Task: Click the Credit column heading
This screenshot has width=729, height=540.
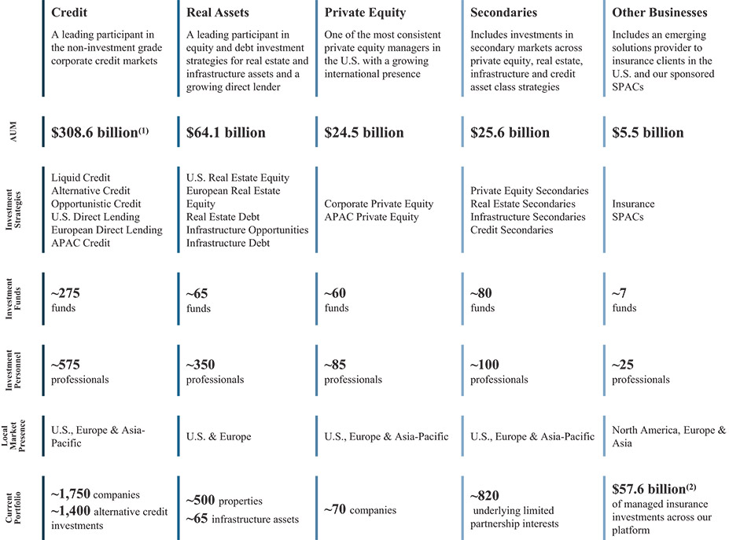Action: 70,13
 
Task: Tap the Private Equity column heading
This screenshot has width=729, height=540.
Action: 365,13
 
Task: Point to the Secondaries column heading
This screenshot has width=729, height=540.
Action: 504,13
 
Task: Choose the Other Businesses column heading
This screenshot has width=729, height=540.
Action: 659,13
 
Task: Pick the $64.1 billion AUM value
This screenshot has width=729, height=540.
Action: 226,133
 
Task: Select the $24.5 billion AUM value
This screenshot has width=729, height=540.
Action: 363,133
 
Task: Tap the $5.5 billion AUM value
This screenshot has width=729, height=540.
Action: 648,133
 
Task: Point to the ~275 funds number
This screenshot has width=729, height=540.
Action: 65,294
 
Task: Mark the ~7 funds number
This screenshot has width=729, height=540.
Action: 620,294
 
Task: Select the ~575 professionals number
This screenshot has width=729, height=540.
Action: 65,365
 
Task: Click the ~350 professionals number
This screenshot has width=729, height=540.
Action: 201,365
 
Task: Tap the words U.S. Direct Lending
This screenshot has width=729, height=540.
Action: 95,217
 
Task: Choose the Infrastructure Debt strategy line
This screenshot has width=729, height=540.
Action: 228,243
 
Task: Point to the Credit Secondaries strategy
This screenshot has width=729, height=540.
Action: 512,230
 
